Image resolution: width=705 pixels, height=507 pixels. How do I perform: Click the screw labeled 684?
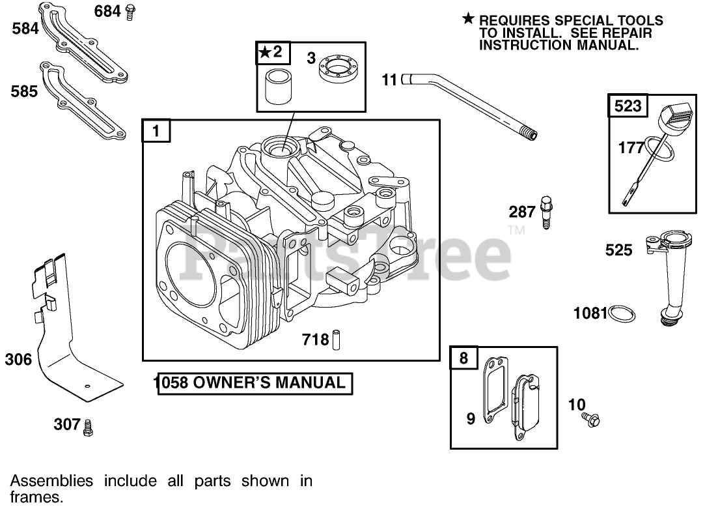[x=131, y=10]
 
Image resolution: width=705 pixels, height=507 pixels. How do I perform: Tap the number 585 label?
[x=24, y=92]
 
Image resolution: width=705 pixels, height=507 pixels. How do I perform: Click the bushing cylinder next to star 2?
[x=277, y=89]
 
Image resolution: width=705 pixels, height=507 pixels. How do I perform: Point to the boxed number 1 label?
[x=156, y=132]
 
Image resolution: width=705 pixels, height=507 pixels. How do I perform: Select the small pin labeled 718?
[x=337, y=340]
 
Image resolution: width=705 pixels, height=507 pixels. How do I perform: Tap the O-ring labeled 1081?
[x=622, y=313]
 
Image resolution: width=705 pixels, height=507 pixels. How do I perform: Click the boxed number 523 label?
[x=628, y=106]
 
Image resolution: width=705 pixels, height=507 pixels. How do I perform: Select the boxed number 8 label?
[x=463, y=358]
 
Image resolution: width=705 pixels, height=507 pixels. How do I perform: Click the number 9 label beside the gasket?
[x=471, y=419]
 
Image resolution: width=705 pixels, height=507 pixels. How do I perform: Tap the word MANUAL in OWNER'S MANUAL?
[x=311, y=383]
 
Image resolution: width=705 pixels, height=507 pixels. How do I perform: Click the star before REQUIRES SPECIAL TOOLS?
[x=468, y=19]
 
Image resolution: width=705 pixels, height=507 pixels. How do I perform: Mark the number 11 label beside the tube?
[x=389, y=80]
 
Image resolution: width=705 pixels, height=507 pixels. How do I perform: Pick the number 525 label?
[x=618, y=250]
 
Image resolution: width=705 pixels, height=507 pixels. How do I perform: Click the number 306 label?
[x=18, y=359]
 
